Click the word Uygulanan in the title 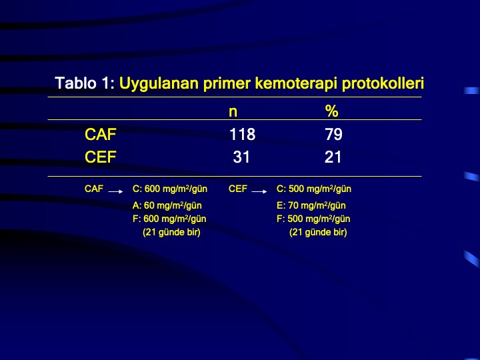pyautogui.click(x=159, y=83)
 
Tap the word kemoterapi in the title pyautogui.click(x=296, y=83)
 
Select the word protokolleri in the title pyautogui.click(x=383, y=83)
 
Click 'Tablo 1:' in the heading pyautogui.click(x=85, y=83)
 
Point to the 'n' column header pyautogui.click(x=233, y=112)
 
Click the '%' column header pyautogui.click(x=332, y=111)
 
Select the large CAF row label pyautogui.click(x=101, y=135)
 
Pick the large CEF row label pyautogui.click(x=101, y=157)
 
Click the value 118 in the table pyautogui.click(x=243, y=135)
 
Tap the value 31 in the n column pyautogui.click(x=241, y=157)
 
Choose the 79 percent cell pyautogui.click(x=334, y=135)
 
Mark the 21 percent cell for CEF pyautogui.click(x=333, y=157)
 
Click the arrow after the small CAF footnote pyautogui.click(x=116, y=191)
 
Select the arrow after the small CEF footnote pyautogui.click(x=259, y=191)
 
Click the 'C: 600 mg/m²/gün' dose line pyautogui.click(x=170, y=189)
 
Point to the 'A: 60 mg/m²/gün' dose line pyautogui.click(x=167, y=205)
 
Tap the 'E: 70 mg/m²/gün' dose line pyautogui.click(x=311, y=205)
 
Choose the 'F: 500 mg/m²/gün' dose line pyautogui.click(x=313, y=219)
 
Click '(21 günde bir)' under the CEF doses pyautogui.click(x=318, y=233)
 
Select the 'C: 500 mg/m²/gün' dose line pyautogui.click(x=314, y=189)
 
